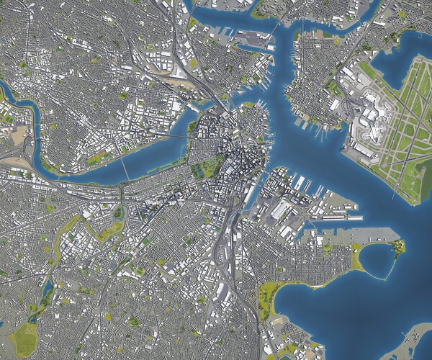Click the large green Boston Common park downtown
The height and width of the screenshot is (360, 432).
206,167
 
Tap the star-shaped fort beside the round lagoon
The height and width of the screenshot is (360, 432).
397,247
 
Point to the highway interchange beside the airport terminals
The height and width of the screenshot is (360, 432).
353,108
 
